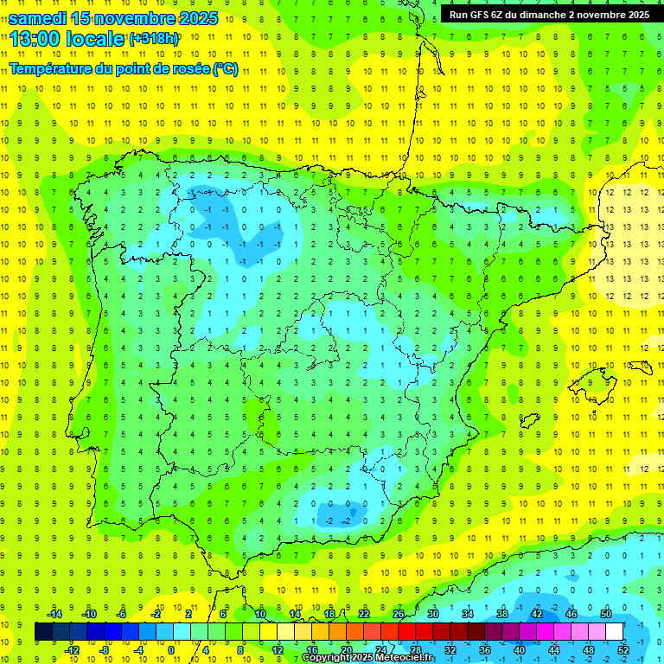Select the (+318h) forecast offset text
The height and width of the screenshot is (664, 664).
pyautogui.click(x=154, y=39)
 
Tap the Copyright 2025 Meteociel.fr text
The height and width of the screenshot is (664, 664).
pyautogui.click(x=367, y=658)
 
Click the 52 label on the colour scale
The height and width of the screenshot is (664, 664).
pyautogui.click(x=623, y=649)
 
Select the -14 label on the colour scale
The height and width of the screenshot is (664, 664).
pyautogui.click(x=54, y=613)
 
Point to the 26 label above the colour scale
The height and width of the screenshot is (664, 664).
pyautogui.click(x=399, y=613)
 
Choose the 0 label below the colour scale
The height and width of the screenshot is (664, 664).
pyautogui.click(x=171, y=649)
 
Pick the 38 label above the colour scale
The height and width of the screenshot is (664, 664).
pyautogui.click(x=501, y=613)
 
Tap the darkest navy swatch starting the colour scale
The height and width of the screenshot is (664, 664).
pyautogui.click(x=43, y=632)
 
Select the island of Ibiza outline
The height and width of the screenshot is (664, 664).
pyautogui.click(x=527, y=421)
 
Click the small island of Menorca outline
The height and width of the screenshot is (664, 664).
pyautogui.click(x=639, y=367)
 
